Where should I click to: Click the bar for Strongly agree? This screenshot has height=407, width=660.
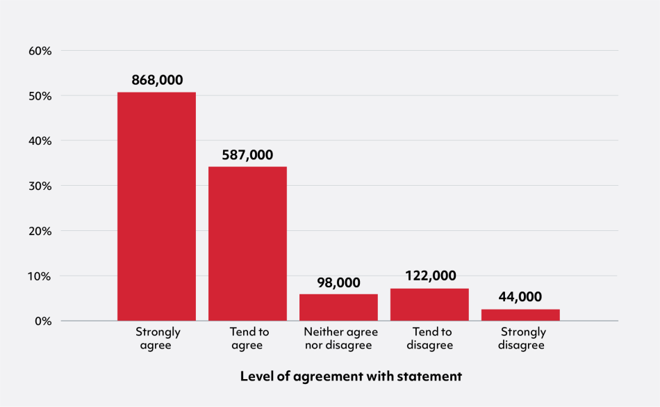[x=156, y=207]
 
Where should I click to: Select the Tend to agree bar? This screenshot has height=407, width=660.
[x=247, y=244]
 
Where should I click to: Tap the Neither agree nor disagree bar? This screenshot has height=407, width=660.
[x=338, y=308]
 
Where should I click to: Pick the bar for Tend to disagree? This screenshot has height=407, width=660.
[x=429, y=305]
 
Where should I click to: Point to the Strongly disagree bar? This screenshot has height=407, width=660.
[x=520, y=315]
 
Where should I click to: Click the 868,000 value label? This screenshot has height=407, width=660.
[x=157, y=80]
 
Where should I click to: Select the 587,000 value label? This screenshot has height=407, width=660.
[x=247, y=155]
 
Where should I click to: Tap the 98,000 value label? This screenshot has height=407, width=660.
[x=338, y=282]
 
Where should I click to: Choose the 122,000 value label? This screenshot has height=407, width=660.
[x=430, y=276]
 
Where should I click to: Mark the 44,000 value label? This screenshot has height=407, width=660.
[x=520, y=297]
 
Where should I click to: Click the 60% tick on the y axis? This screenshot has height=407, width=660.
[x=40, y=51]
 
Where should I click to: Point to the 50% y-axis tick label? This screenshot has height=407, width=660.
[x=40, y=96]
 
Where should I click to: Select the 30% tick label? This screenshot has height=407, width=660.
[x=40, y=186]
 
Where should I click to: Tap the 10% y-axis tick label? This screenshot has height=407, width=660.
[x=40, y=276]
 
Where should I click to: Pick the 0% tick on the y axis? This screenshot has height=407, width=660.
[x=43, y=321]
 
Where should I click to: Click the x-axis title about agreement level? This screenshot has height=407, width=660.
[x=351, y=376]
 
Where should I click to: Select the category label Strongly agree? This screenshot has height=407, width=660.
[x=158, y=338]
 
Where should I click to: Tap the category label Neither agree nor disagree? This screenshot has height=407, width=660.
[x=338, y=338]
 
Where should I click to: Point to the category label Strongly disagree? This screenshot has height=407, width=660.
[x=522, y=338]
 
